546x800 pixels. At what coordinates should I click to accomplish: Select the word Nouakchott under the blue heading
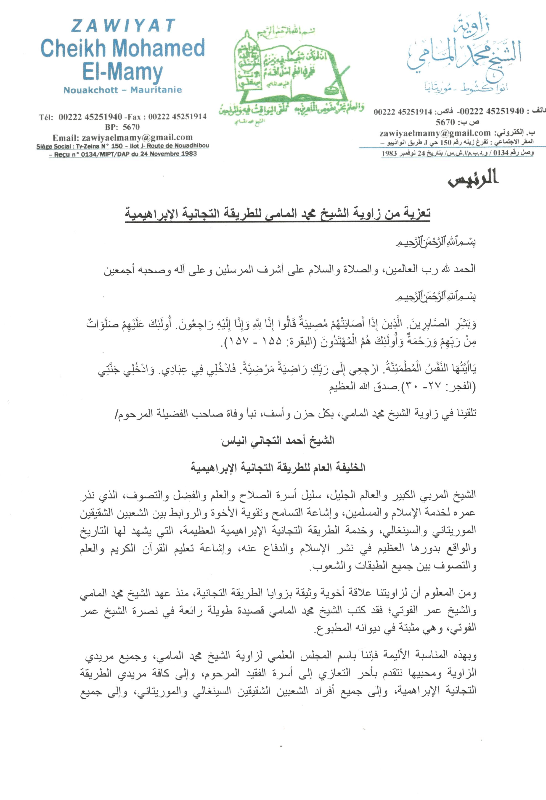(x=90, y=90)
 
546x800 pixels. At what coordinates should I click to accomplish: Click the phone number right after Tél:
(x=90, y=117)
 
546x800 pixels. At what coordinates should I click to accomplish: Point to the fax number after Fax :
(x=177, y=117)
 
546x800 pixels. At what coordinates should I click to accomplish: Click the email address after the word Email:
(x=137, y=138)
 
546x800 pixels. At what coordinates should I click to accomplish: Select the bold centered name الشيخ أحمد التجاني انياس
(x=278, y=441)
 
